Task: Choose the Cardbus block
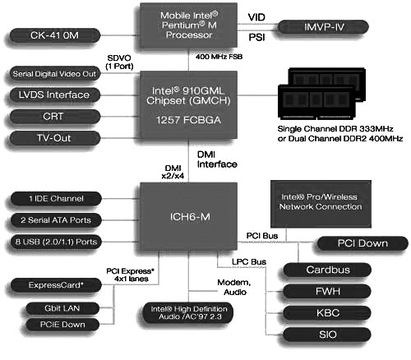point(321,270)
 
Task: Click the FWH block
point(321,291)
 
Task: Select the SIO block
point(321,335)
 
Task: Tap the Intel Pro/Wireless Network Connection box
point(321,203)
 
